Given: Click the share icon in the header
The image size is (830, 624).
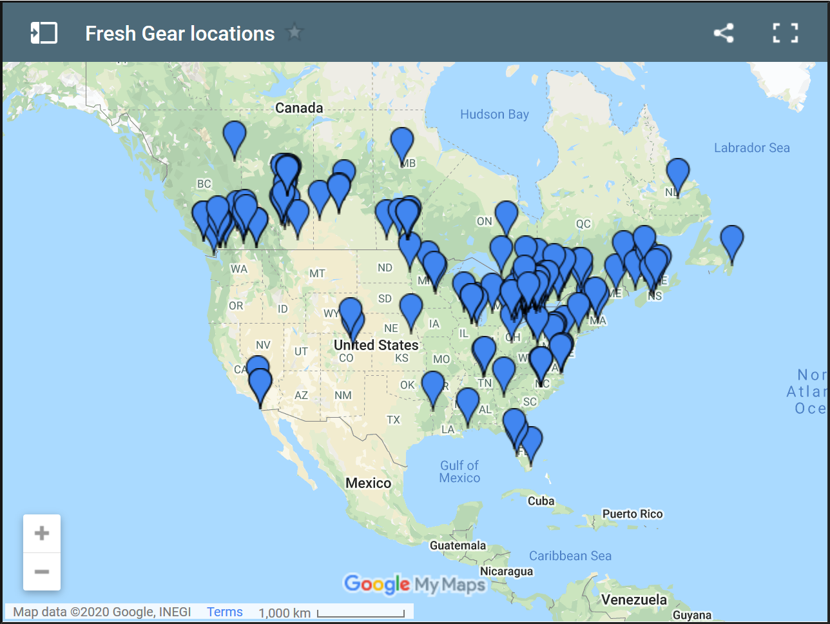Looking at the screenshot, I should [x=724, y=33].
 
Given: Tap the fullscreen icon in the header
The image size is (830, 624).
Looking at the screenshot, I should [x=785, y=33].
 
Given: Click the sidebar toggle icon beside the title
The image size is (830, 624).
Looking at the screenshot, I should [x=44, y=33].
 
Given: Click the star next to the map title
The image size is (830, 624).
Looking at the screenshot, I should [x=294, y=32].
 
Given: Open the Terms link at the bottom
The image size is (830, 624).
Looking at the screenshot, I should [x=224, y=612].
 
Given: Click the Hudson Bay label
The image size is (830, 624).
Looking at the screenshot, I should [x=494, y=115].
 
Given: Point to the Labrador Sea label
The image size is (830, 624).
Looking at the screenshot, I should [x=751, y=148].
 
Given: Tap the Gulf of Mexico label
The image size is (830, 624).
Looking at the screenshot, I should [x=459, y=471].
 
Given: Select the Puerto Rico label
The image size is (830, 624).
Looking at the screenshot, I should [x=632, y=514].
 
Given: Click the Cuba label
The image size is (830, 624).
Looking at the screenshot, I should [x=541, y=501].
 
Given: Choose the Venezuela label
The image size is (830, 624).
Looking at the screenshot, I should [x=633, y=600].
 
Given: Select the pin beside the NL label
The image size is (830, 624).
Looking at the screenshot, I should [x=677, y=173].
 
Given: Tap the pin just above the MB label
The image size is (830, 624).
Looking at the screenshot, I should [x=401, y=142].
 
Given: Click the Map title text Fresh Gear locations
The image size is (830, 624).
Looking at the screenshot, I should [x=180, y=34].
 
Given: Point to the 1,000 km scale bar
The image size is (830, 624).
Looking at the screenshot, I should [x=360, y=613].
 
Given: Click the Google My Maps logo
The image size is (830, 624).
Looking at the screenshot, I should [x=414, y=585].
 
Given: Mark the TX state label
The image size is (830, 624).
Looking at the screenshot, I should [x=393, y=420].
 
